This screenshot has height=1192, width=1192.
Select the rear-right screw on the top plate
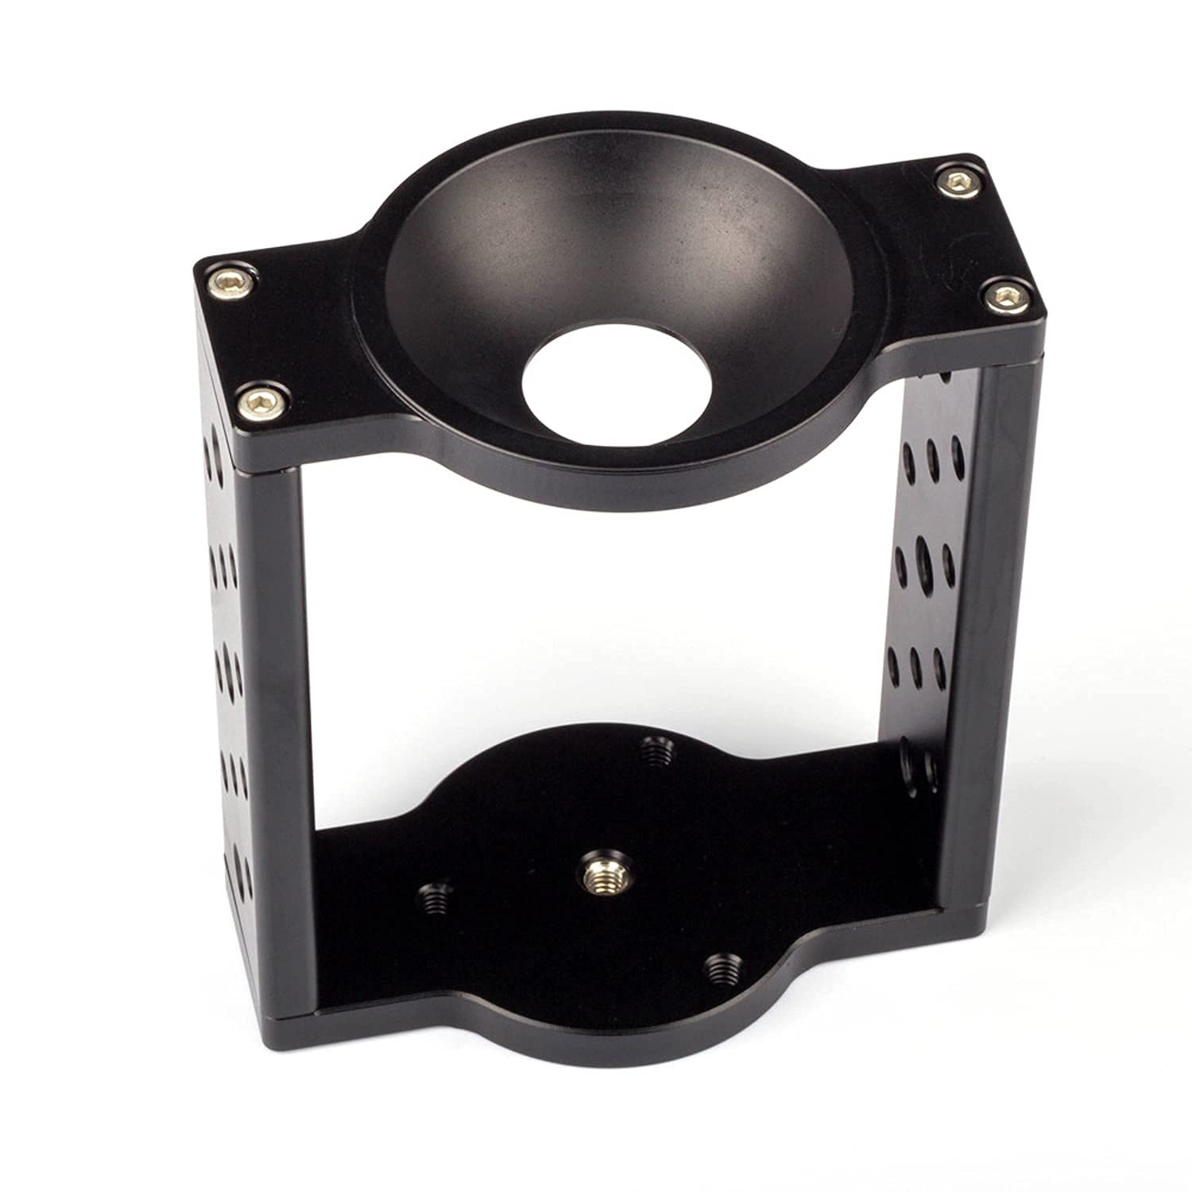[x=957, y=183]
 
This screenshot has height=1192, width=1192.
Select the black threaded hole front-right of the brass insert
[x=719, y=967]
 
